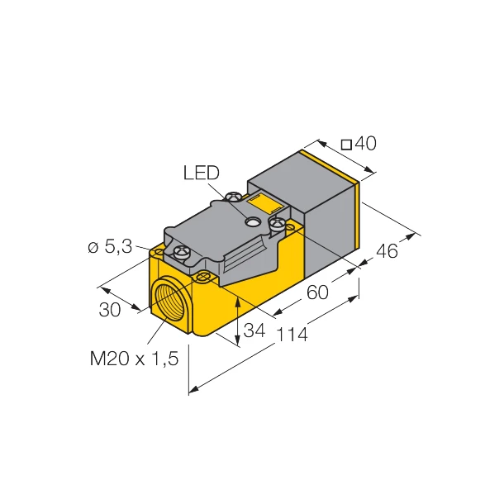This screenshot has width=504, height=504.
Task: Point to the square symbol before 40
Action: coord(346,145)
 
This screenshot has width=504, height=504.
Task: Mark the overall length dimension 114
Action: coord(292,335)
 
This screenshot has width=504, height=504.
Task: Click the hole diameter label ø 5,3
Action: coord(110,246)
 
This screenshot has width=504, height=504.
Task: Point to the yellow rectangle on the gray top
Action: coord(266,202)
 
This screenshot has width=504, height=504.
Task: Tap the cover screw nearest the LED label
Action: coord(235,197)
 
